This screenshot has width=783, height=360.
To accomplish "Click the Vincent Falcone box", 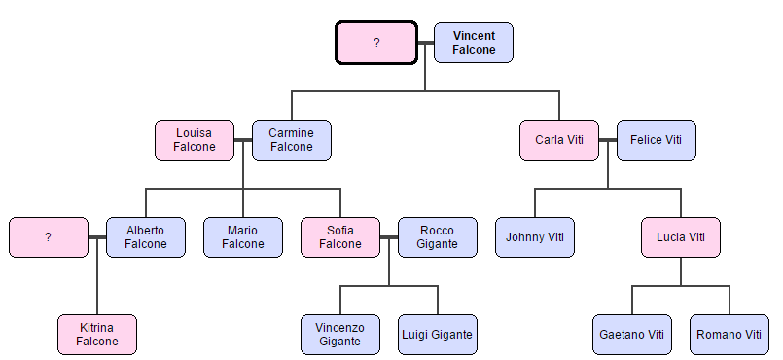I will pos(474,43).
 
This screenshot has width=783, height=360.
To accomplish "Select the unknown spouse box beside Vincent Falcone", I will pos(376,43).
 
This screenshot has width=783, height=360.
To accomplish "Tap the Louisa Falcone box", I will pos(195,140).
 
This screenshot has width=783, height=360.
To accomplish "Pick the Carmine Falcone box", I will pos(292,140).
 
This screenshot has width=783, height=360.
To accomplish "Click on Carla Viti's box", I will pos(559,140).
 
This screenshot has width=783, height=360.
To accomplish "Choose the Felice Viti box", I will pos(657,140).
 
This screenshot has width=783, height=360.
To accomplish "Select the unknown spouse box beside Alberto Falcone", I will pos(49,237).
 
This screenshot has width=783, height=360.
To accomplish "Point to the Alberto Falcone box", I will pos(146,237).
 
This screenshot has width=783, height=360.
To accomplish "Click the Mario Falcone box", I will pos(243,237).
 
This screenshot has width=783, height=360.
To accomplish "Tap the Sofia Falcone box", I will pos(340,237).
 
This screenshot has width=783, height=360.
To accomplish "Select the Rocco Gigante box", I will pos(438,237).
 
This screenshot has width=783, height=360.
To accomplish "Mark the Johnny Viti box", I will pos(535,237).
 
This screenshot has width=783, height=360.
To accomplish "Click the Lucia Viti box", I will pos(681,237).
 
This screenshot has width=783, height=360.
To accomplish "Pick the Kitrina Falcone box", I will pos(97,335).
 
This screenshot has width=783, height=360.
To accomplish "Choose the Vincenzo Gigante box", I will pos(340,335).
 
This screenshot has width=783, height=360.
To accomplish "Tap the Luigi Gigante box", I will pos(438,335).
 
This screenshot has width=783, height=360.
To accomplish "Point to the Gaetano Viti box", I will pos(632,335).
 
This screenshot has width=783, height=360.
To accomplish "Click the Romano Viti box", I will pos(730,335).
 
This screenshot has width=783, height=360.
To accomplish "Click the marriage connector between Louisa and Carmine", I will pos(243,140).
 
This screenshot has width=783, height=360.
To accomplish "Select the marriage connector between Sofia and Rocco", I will pos(389,237).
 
